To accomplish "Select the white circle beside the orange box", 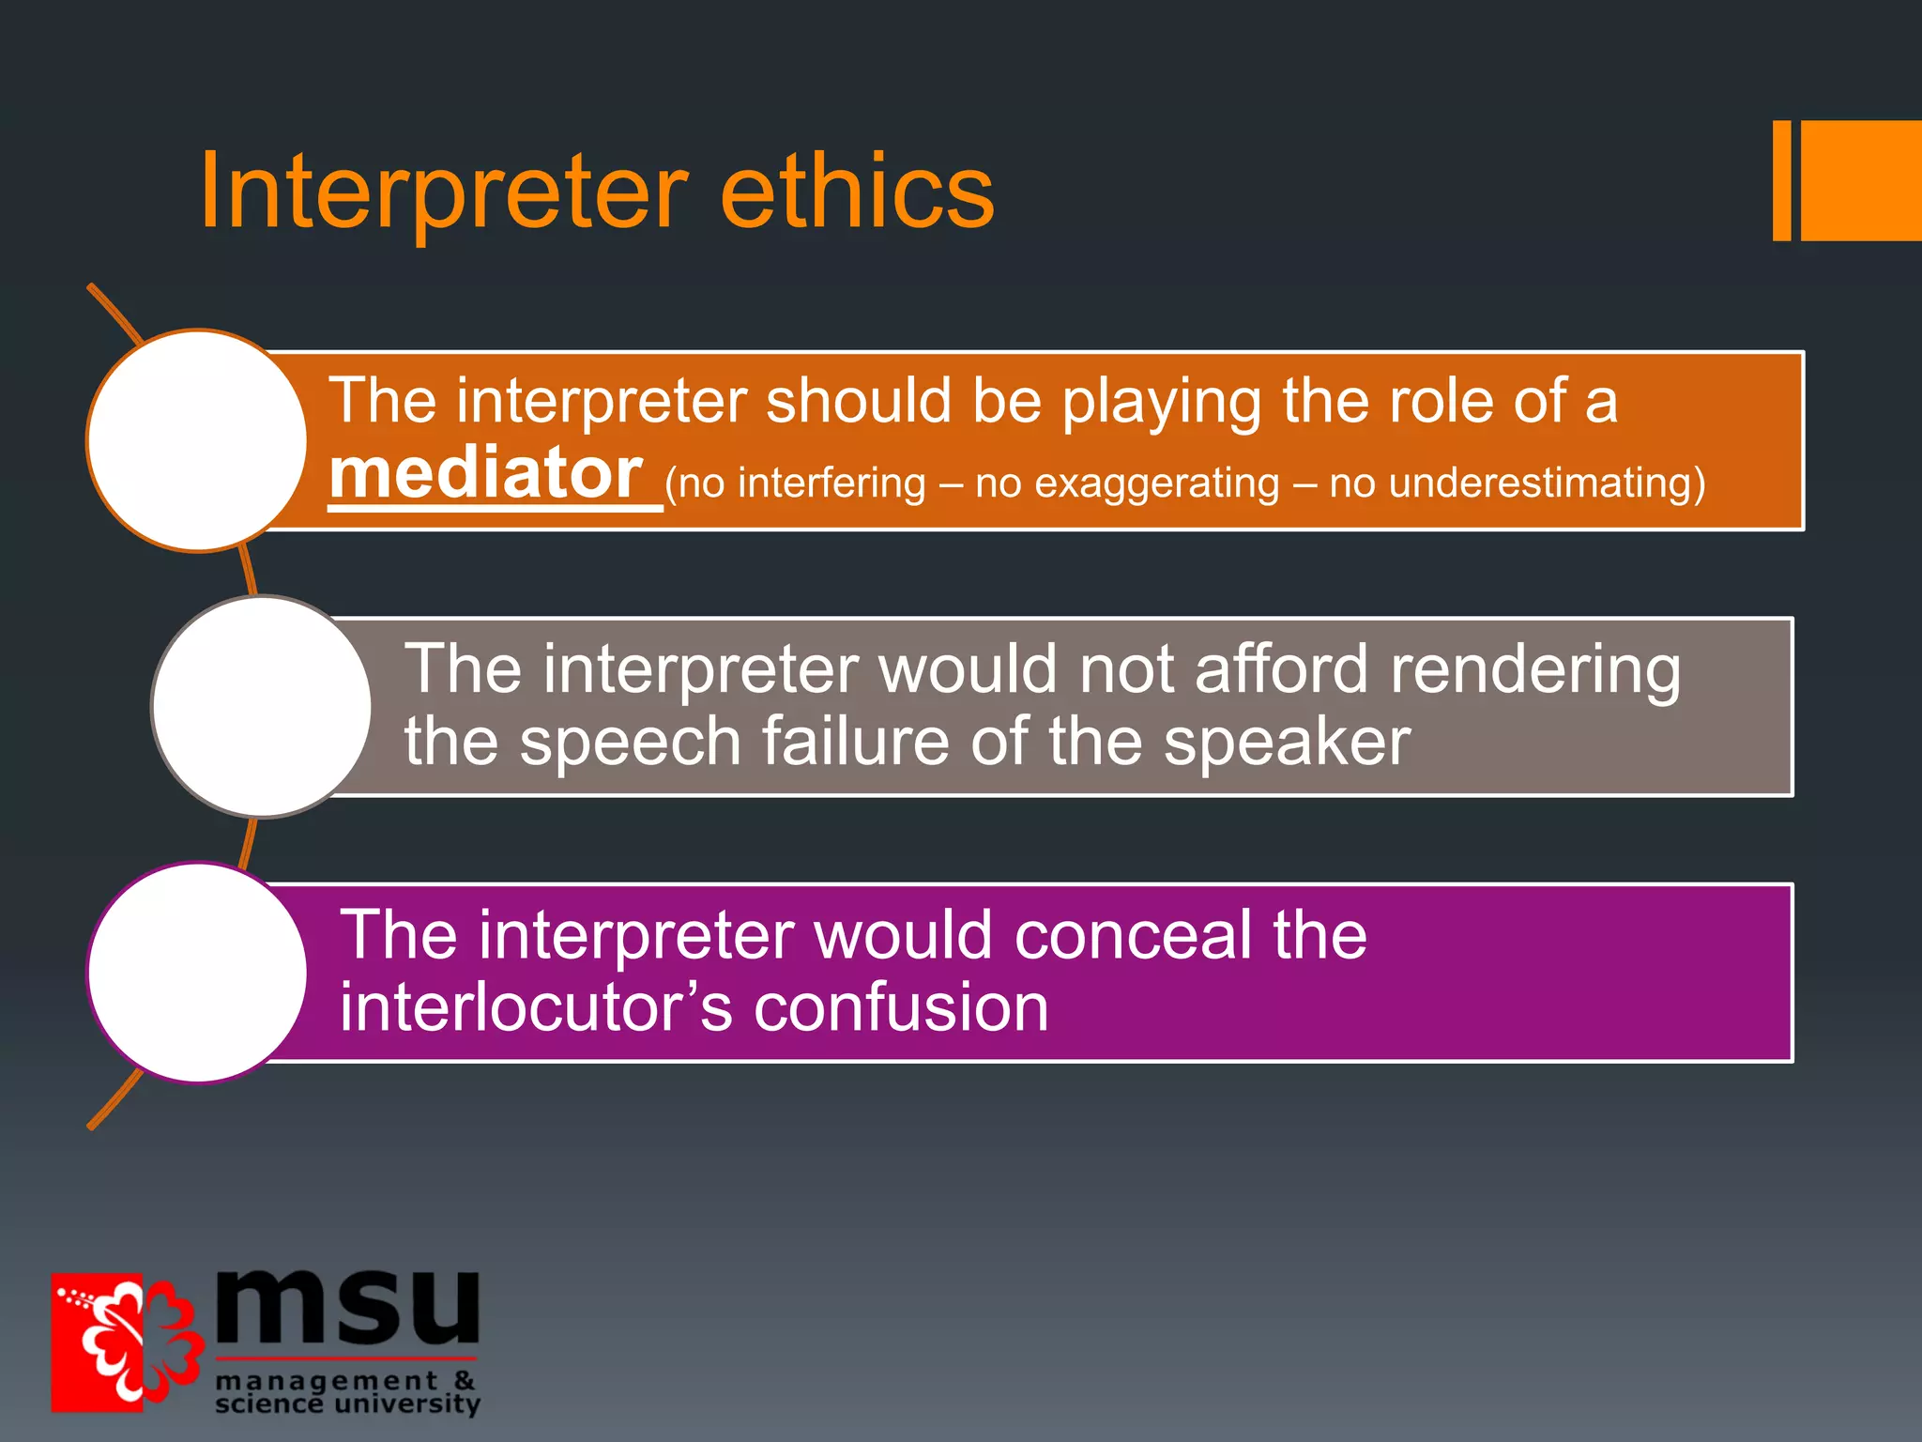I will pyautogui.click(x=197, y=440).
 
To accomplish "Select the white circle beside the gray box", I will pyautogui.click(x=262, y=706).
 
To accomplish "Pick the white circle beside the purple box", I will pyautogui.click(x=197, y=973).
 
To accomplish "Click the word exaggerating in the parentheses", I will pyautogui.click(x=1156, y=484).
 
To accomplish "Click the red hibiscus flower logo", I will pyautogui.click(x=127, y=1342).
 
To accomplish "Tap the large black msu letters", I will pyautogui.click(x=347, y=1307).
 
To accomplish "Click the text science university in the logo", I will pyautogui.click(x=347, y=1404).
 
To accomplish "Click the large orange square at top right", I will pyautogui.click(x=1860, y=180).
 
